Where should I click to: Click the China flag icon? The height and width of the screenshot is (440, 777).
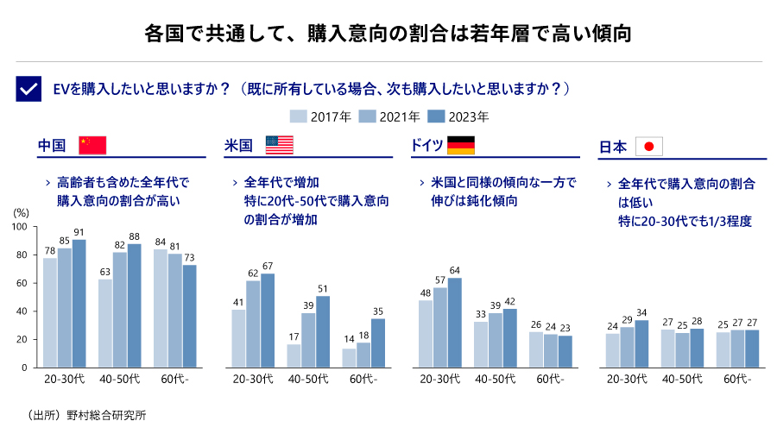92,145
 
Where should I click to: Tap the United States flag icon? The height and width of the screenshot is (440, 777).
280,145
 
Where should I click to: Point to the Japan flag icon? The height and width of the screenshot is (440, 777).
649,147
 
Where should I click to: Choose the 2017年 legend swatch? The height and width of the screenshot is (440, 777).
299,116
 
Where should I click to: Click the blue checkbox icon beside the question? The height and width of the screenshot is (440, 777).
28,89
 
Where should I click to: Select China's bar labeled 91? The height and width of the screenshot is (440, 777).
79,303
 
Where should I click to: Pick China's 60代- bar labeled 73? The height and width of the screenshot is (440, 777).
190,316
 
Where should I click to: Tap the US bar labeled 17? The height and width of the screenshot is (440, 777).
294,355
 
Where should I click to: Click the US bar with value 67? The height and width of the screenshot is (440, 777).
268,320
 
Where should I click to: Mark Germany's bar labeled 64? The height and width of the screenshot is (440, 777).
455,322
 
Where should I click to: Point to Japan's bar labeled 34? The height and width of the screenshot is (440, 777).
641,343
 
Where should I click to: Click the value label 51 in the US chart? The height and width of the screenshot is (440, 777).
323,289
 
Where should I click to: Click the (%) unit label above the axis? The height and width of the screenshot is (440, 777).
22,211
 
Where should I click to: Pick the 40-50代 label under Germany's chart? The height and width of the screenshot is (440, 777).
496,379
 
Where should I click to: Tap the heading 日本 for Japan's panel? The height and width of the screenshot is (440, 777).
613,147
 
